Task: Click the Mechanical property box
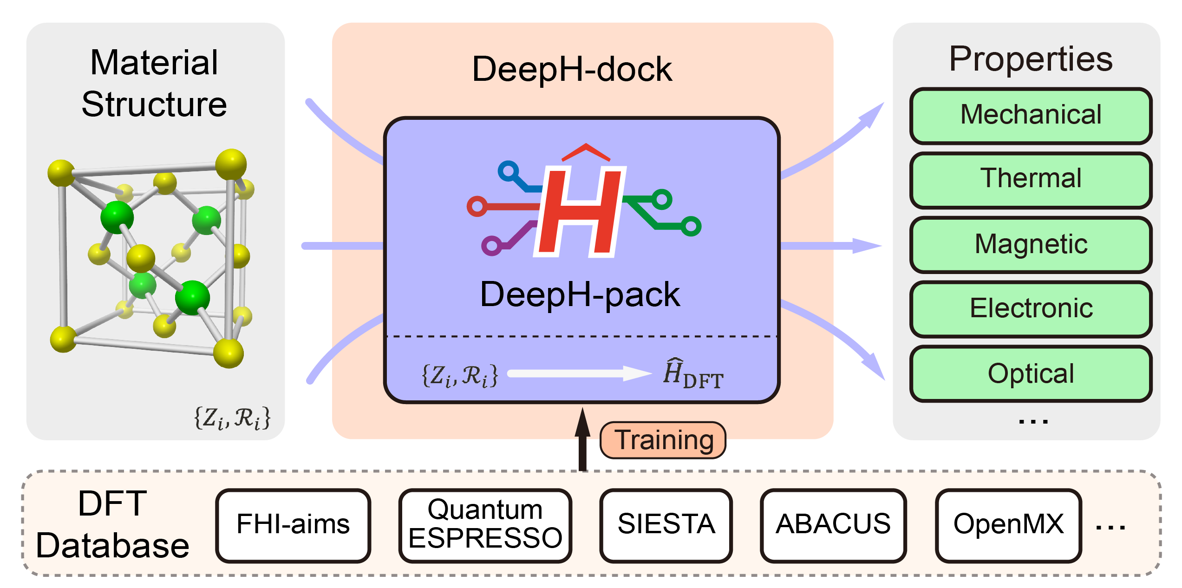click(x=1031, y=115)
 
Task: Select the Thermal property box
click(x=1031, y=180)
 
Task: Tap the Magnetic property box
click(x=1031, y=244)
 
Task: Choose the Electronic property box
click(x=1031, y=309)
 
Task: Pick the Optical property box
click(x=1031, y=373)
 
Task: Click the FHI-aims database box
click(x=293, y=525)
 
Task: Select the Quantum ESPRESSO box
click(x=485, y=525)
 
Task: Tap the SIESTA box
click(x=666, y=525)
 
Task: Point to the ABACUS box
click(x=833, y=525)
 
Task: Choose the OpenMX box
click(x=1008, y=525)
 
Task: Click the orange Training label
click(x=663, y=440)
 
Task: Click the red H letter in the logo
click(x=581, y=211)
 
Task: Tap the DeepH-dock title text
click(x=572, y=70)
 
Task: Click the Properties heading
click(x=1031, y=59)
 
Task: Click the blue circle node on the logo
click(x=509, y=171)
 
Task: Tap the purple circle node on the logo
click(x=491, y=246)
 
